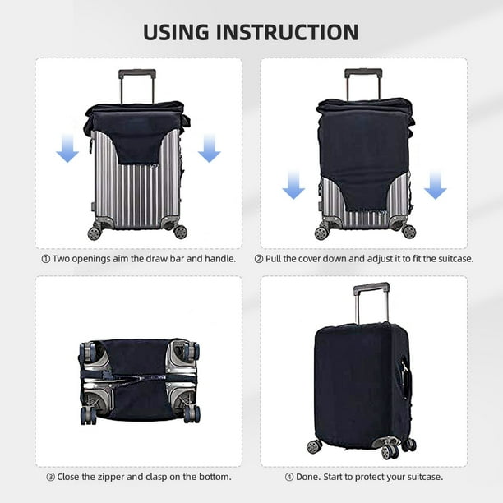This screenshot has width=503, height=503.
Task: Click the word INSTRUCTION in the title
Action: pos(298,32)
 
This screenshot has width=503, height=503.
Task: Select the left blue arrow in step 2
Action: pos(293,185)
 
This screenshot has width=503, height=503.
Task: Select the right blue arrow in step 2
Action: pos(435,185)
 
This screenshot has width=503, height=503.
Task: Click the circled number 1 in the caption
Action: pos(46,258)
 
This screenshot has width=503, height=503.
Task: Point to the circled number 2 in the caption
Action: pos(259,258)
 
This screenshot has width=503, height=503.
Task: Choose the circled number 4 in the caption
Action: pos(288,476)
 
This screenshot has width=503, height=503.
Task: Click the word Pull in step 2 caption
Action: pos(275,258)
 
